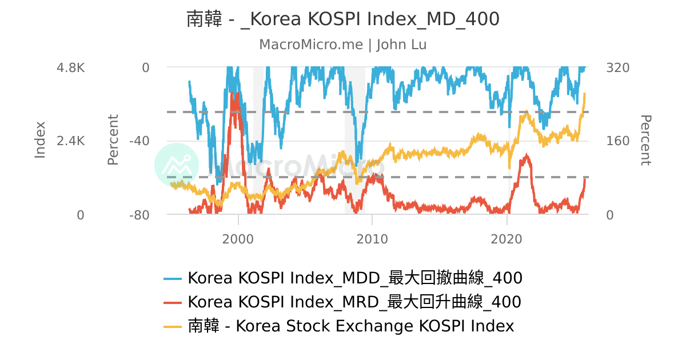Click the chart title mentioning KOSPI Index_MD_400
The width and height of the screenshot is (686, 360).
[x=343, y=19]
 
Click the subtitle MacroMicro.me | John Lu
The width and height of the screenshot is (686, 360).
[x=343, y=45]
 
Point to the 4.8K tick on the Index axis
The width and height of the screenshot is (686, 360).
[x=70, y=67]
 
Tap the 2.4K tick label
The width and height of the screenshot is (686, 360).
[x=70, y=141]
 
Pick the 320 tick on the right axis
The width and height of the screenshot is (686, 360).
[x=617, y=67]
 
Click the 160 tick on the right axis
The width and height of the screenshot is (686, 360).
[x=617, y=141]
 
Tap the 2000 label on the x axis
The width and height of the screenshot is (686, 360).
[x=238, y=239]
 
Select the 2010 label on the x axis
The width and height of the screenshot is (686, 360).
[x=372, y=239]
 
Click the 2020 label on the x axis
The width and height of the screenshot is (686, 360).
[x=507, y=239]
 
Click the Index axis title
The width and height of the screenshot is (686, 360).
[x=40, y=140]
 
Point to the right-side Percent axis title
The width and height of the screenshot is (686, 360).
[x=645, y=140]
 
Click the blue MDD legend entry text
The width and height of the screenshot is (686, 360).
[x=354, y=278]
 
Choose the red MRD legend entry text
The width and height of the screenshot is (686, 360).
[x=354, y=302]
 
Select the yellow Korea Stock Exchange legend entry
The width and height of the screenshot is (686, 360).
[x=350, y=326]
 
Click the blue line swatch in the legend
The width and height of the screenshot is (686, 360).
[x=173, y=279]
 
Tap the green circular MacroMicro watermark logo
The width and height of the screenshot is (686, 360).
[x=177, y=165]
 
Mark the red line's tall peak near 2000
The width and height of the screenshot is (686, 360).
[x=232, y=95]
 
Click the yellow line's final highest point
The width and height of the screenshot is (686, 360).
[x=585, y=93]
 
